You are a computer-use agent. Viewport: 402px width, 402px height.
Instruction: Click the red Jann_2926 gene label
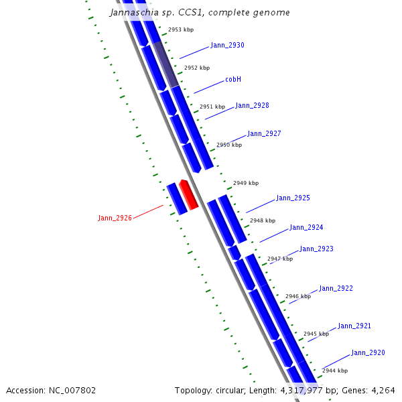pyautogui.click(x=115, y=218)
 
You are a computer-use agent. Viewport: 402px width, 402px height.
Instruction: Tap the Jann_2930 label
pyautogui.click(x=227, y=46)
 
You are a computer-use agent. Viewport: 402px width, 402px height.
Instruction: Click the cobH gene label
pyautogui.click(x=233, y=80)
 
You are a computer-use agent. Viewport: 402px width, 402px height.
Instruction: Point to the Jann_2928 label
pyautogui.click(x=252, y=106)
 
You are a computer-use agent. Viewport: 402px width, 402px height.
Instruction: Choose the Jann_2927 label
pyautogui.click(x=264, y=134)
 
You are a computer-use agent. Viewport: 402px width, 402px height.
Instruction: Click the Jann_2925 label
pyautogui.click(x=293, y=198)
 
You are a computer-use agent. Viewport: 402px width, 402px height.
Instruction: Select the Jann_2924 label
pyautogui.click(x=306, y=228)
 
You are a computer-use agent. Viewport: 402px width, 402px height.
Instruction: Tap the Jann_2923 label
pyautogui.click(x=316, y=249)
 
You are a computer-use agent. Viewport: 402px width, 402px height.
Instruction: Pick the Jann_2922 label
pyautogui.click(x=336, y=289)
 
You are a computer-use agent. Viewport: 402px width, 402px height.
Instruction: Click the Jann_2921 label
pyautogui.click(x=354, y=326)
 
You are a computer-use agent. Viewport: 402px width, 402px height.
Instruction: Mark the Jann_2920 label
pyautogui.click(x=368, y=353)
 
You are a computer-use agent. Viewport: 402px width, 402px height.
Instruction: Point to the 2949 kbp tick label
pyautogui.click(x=246, y=183)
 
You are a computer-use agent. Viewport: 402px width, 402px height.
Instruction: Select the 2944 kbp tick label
pyautogui.click(x=335, y=371)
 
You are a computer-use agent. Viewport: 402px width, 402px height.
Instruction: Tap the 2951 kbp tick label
pyautogui.click(x=212, y=107)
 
